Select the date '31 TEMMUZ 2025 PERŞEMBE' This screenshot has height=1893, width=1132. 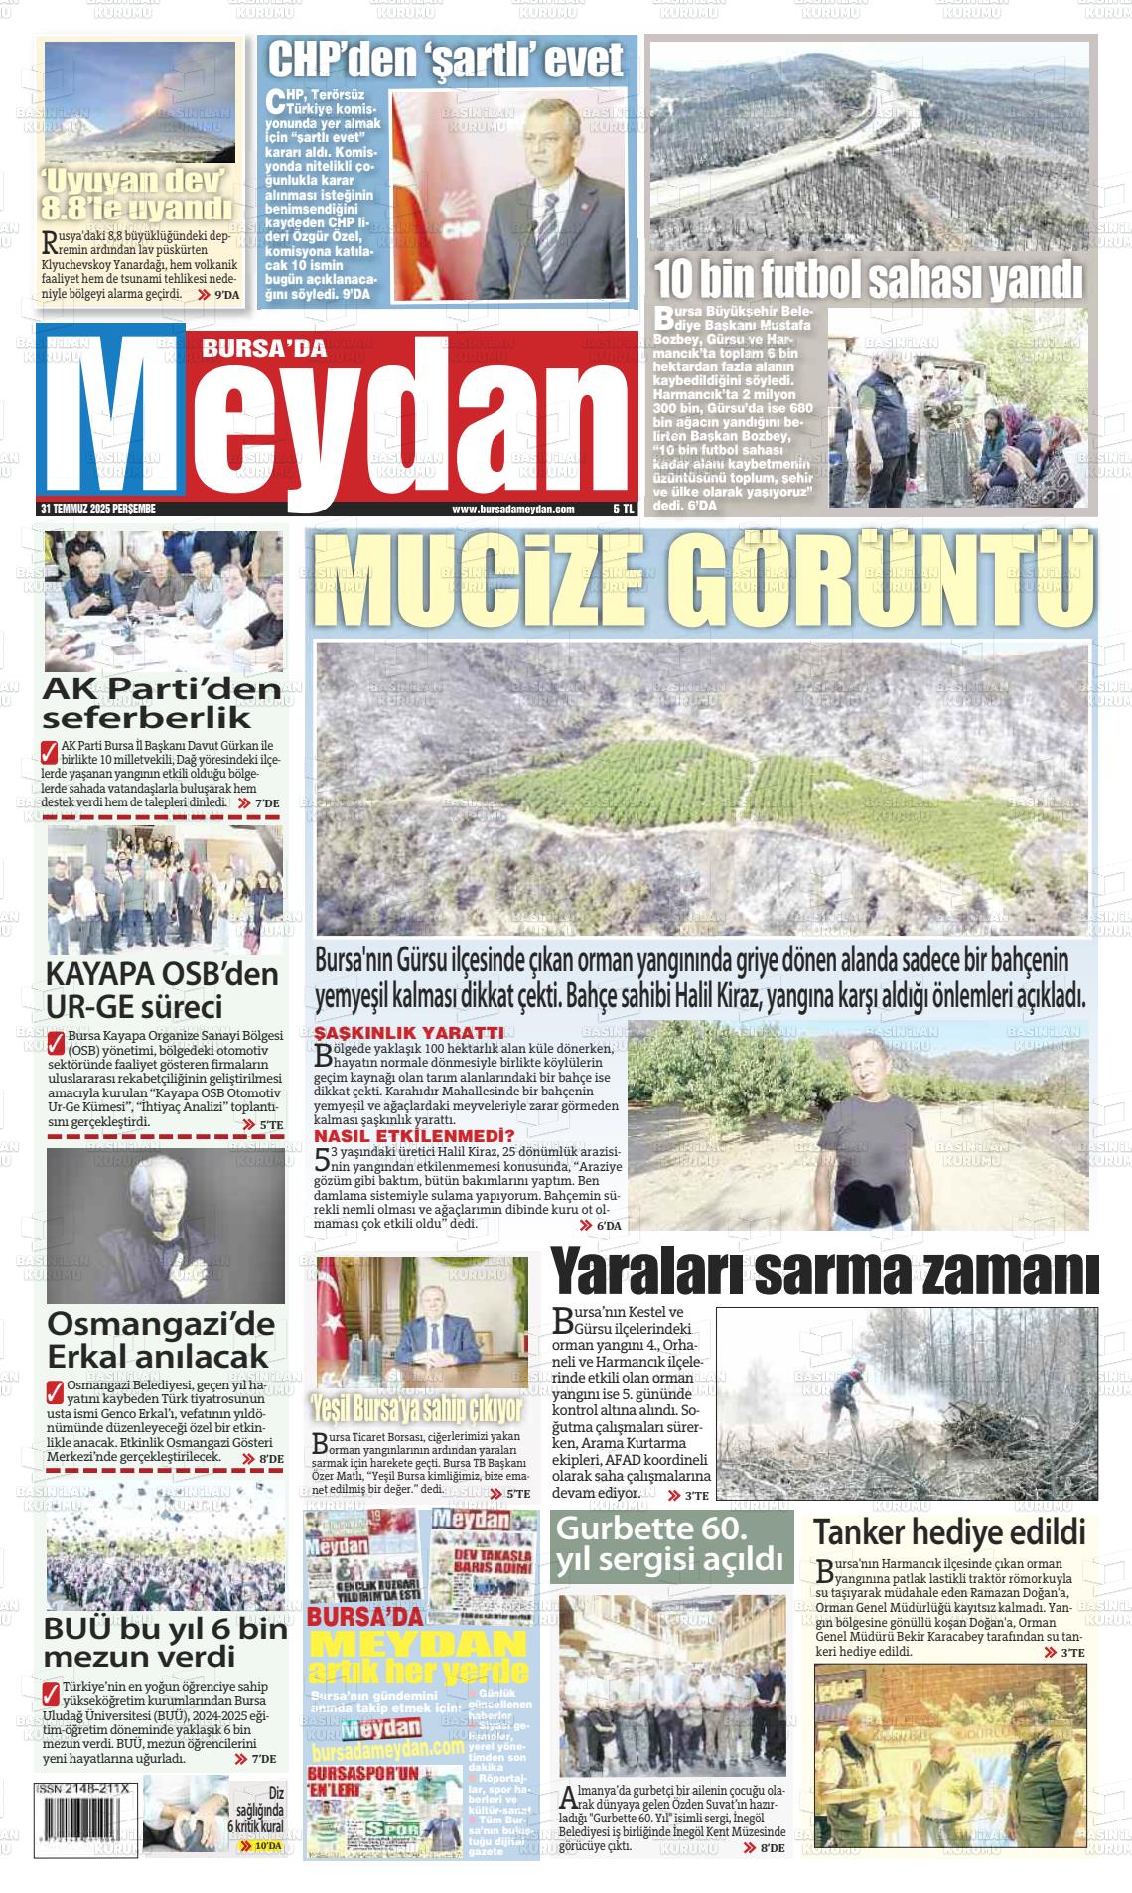point(99,509)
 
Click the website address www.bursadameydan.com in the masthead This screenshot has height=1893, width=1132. point(512,509)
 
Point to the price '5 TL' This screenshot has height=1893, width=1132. point(623,509)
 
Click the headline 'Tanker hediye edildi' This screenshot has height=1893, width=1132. point(950,1530)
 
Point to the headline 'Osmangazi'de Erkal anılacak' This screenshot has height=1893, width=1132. point(161,1339)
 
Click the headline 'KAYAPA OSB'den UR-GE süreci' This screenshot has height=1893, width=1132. point(163,989)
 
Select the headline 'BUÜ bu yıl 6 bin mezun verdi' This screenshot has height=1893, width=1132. point(165,1643)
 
